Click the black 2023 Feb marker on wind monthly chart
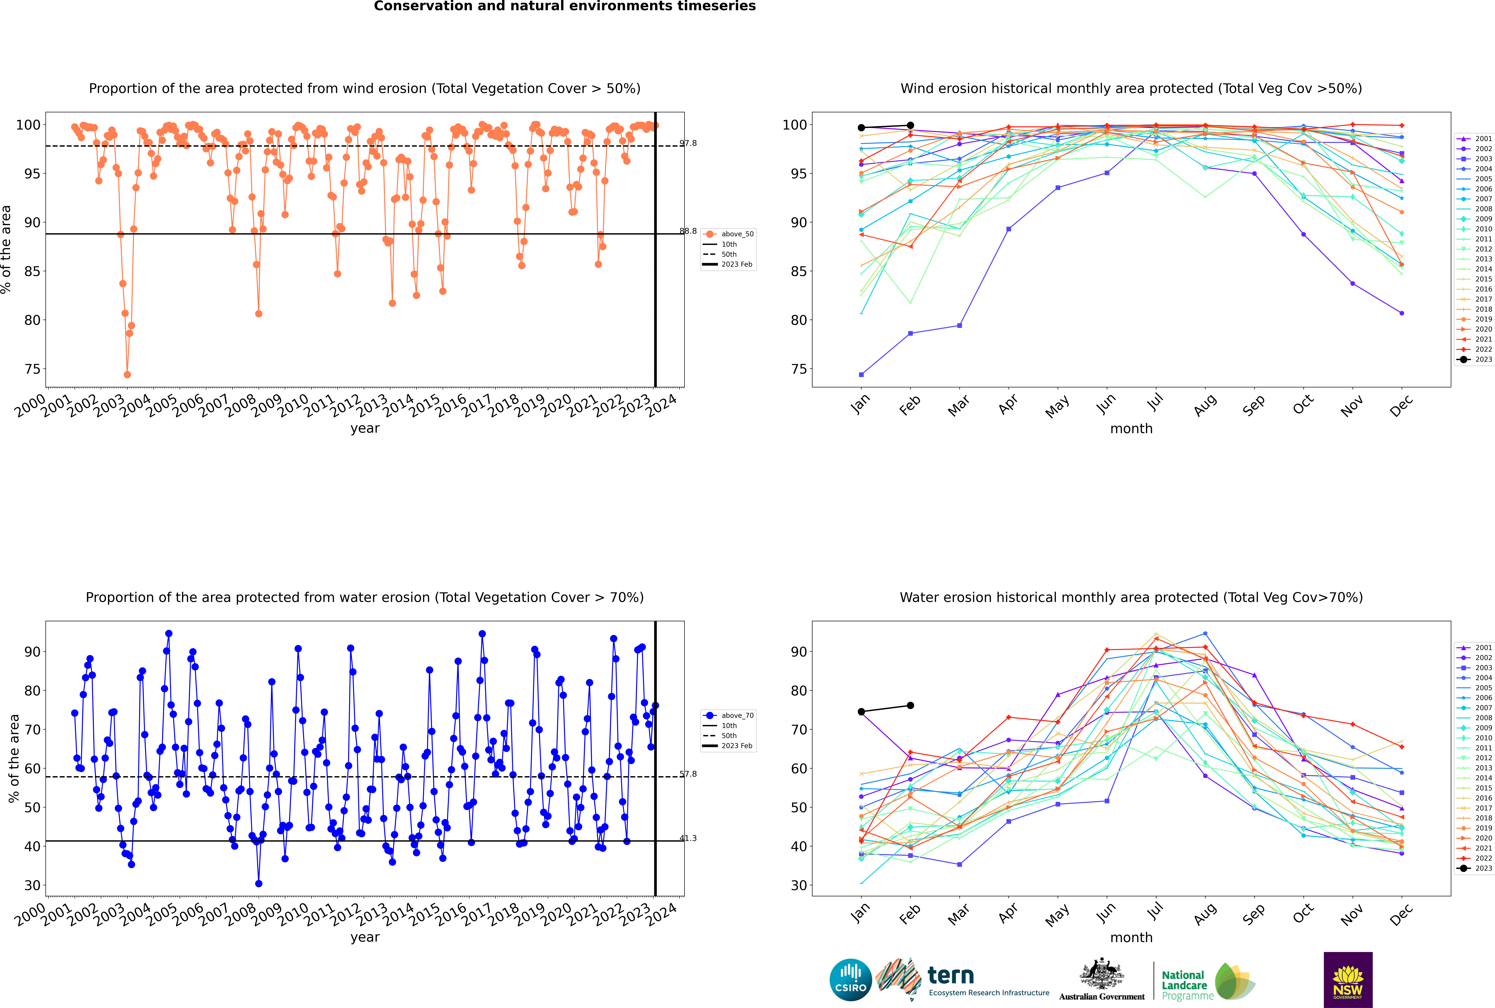click(910, 125)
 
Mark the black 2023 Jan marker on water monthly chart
click(861, 712)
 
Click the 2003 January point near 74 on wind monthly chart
click(861, 374)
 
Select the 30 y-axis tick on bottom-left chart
click(33, 885)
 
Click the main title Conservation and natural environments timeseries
click(564, 6)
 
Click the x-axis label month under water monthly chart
click(1131, 937)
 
